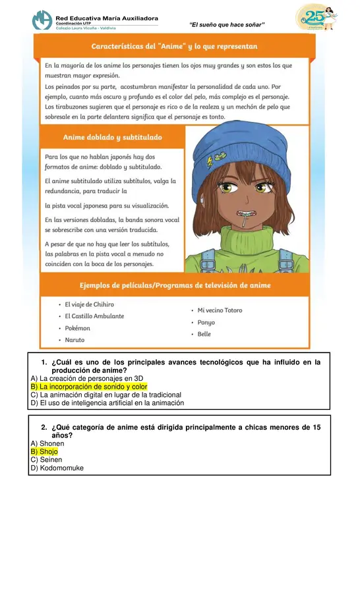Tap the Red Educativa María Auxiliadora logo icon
pyautogui.click(x=42, y=20)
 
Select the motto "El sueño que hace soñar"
pyautogui.click(x=227, y=24)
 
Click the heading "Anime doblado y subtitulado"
pyautogui.click(x=112, y=138)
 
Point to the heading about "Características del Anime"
pyautogui.click(x=174, y=47)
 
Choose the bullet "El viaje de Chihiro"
pyautogui.click(x=89, y=304)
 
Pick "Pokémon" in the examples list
pyautogui.click(x=78, y=328)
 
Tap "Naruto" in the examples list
pyautogui.click(x=75, y=340)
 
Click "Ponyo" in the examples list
pyautogui.click(x=206, y=322)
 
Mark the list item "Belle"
pyautogui.click(x=204, y=334)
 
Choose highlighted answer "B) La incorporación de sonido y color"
pyautogui.click(x=89, y=387)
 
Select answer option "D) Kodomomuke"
pyautogui.click(x=57, y=468)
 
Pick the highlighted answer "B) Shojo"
pyautogui.click(x=44, y=452)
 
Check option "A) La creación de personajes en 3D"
pyautogui.click(x=87, y=379)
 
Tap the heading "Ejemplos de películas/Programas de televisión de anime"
pyautogui.click(x=175, y=285)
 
